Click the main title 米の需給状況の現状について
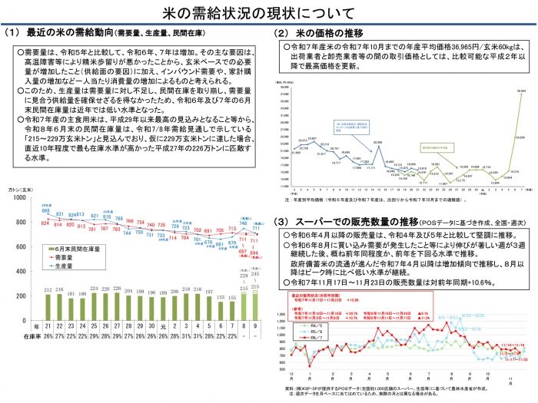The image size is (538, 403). [268, 13]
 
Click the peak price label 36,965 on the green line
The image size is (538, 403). [522, 91]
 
